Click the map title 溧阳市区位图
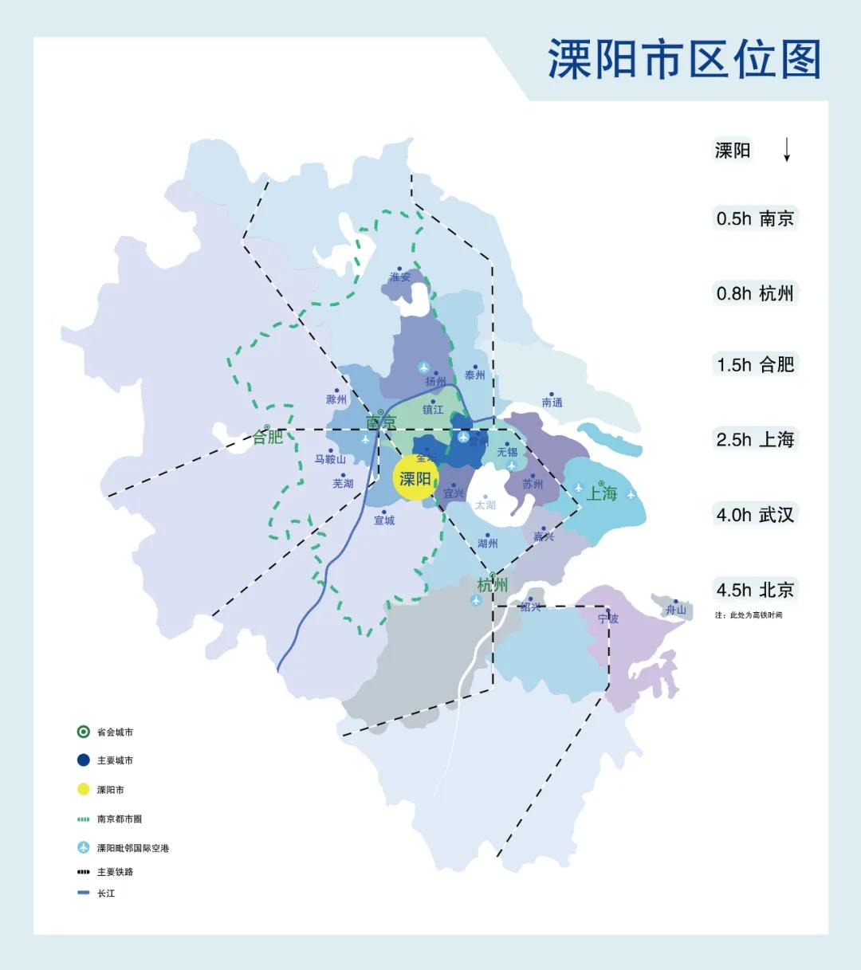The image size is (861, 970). click(684, 61)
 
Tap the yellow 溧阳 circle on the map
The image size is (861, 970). click(415, 478)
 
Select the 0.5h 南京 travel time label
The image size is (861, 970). click(755, 218)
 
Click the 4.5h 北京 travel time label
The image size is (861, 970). click(755, 590)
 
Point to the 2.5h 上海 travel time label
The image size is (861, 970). click(755, 439)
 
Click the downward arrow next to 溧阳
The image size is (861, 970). click(786, 150)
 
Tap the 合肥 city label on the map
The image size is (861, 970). click(268, 437)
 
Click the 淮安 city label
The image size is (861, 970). click(400, 277)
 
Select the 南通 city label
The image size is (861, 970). click(552, 403)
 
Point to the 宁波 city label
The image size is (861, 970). click(608, 619)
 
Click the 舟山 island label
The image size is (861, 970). click(675, 610)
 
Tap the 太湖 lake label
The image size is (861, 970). click(485, 505)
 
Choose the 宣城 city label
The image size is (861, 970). click(384, 520)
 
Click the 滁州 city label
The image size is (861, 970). click(336, 399)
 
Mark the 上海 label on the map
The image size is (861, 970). click(602, 493)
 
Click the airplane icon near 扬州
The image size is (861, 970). click(424, 367)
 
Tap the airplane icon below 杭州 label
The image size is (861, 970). click(476, 600)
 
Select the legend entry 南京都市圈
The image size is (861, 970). click(120, 819)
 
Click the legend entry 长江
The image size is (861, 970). click(106, 893)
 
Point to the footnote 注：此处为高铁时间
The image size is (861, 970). click(749, 615)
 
